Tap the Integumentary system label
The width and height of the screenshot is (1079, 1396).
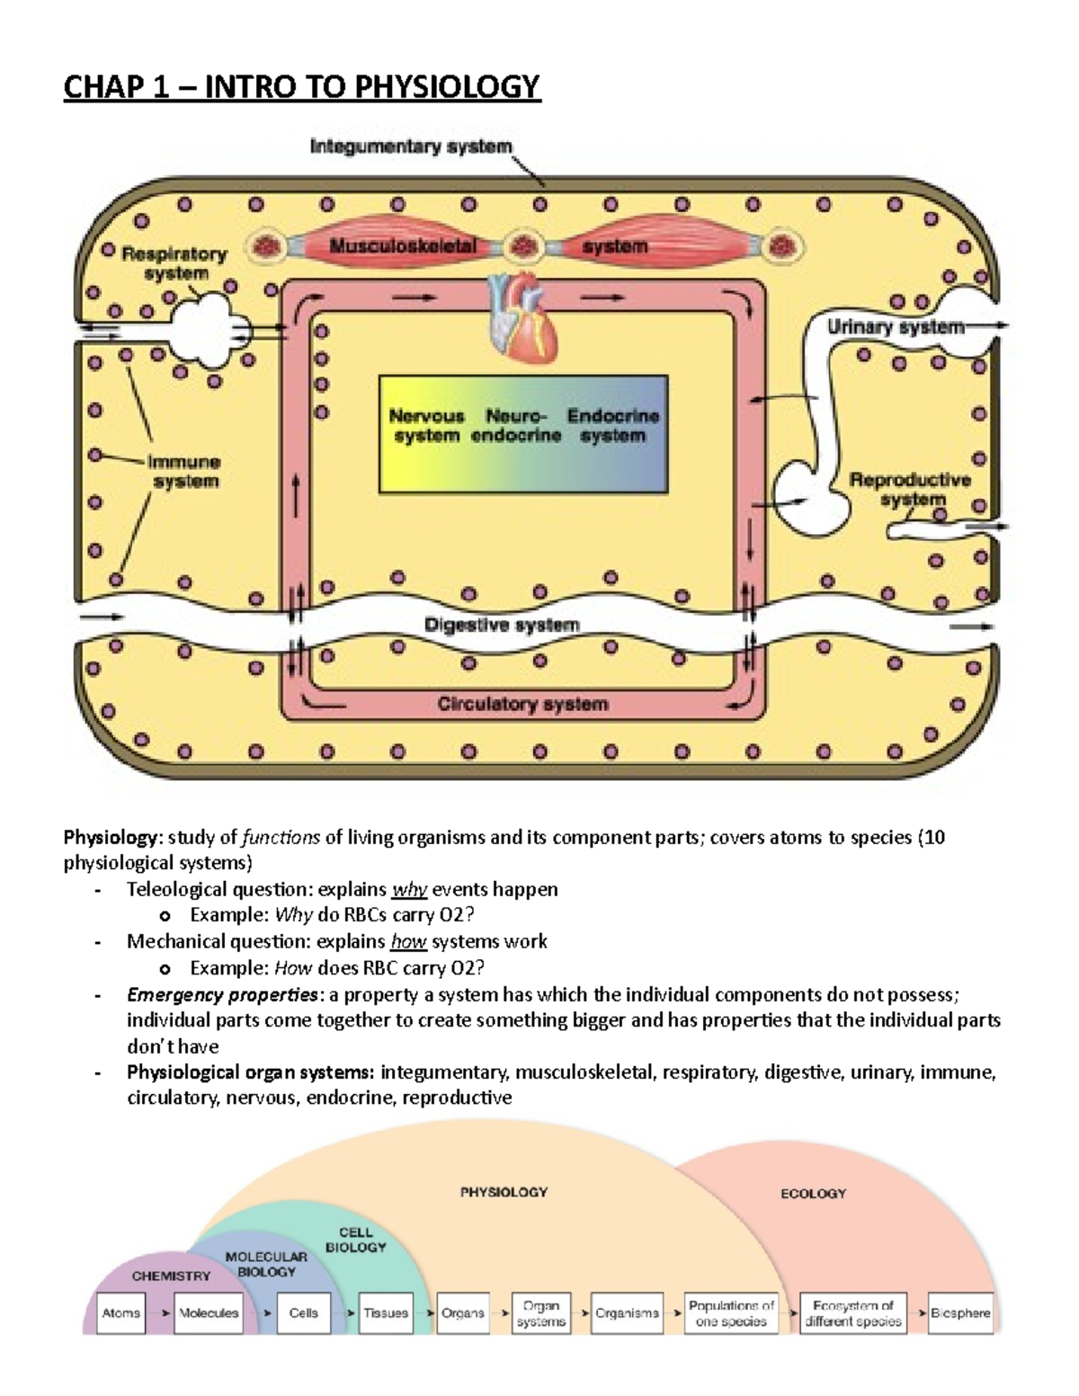coord(411,147)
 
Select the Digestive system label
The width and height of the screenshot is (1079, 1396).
coord(502,625)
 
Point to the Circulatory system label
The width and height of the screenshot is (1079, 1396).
coord(522,704)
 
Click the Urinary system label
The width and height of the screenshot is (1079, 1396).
coord(896,327)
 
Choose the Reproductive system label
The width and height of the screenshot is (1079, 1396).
coord(911,489)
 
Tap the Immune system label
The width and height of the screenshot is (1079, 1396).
coord(184,472)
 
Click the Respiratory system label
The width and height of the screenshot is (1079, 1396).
coord(175,263)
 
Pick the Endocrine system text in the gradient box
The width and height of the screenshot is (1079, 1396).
coord(612,426)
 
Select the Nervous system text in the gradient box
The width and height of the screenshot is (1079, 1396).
coord(426,426)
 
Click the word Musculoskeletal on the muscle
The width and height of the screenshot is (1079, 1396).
coord(402,245)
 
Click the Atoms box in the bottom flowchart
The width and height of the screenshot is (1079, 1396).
coord(121,1312)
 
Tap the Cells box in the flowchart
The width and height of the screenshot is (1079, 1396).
coord(304,1312)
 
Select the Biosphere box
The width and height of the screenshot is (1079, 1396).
coord(960,1312)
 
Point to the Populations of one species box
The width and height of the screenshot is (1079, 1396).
coord(731,1312)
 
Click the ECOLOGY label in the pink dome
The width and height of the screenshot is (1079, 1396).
coord(813,1194)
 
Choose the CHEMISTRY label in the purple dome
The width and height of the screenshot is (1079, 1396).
coord(171,1276)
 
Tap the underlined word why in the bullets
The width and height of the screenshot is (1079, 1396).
coord(409,890)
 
